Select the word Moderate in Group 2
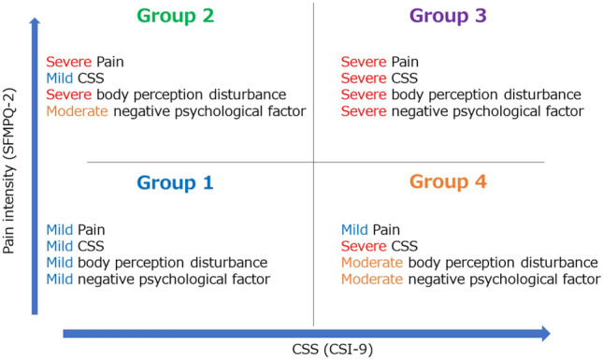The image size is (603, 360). [77, 111]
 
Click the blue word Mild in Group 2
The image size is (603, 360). [60, 78]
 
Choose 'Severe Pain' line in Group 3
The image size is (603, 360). [380, 61]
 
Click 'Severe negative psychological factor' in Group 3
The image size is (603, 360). [462, 111]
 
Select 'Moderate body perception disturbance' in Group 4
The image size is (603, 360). [468, 262]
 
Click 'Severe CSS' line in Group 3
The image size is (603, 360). [379, 78]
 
